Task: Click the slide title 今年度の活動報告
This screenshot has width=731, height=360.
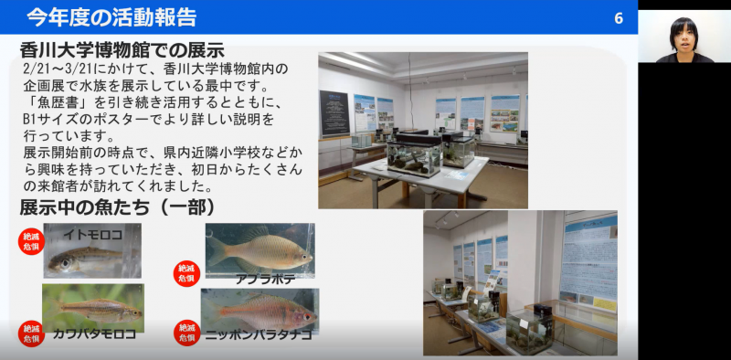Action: [x=111, y=16]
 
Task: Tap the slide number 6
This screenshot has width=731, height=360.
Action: [x=619, y=18]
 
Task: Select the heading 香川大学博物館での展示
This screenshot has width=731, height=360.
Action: [x=122, y=50]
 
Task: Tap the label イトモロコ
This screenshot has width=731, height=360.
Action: [x=92, y=235]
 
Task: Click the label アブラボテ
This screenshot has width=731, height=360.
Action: [x=265, y=279]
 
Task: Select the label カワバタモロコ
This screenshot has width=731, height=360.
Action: [x=94, y=334]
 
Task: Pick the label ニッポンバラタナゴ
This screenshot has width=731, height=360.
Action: [x=258, y=335]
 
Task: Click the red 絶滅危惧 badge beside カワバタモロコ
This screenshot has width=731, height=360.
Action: [x=31, y=333]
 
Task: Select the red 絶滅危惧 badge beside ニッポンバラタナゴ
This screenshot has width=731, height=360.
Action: [x=186, y=333]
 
